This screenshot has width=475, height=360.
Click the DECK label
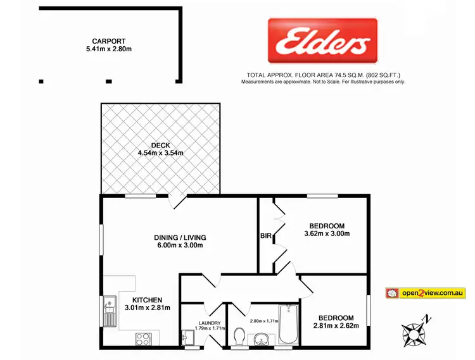pyautogui.click(x=160, y=144)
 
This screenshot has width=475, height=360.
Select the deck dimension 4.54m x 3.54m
pyautogui.click(x=160, y=152)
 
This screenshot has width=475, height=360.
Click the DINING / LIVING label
pyautogui.click(x=180, y=237)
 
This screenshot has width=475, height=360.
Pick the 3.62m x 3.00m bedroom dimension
pyautogui.click(x=326, y=234)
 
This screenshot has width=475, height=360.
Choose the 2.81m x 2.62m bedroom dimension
pyautogui.click(x=335, y=326)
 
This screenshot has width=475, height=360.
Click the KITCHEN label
pyautogui.click(x=147, y=300)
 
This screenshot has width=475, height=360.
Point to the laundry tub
pyautogui.click(x=187, y=337)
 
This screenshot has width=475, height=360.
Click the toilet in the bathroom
pyautogui.click(x=239, y=335)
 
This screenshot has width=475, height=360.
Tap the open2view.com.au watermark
pyautogui.click(x=426, y=293)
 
